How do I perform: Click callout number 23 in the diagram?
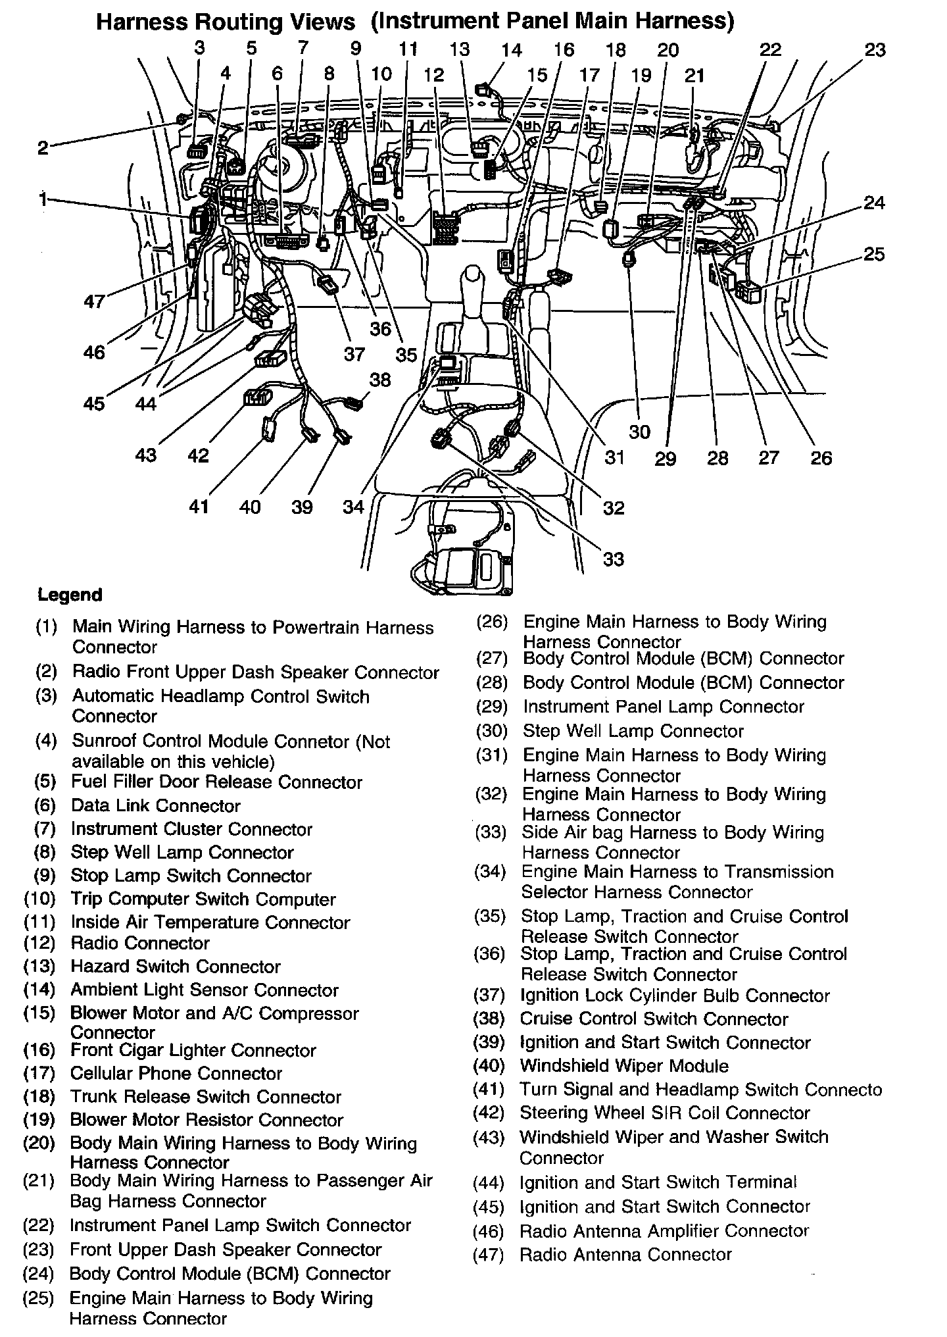click(x=875, y=50)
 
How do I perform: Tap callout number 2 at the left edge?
click(x=43, y=147)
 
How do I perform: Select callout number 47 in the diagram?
click(x=94, y=301)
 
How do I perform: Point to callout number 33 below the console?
click(x=613, y=559)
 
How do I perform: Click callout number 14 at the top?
click(x=511, y=50)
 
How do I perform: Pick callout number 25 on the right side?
click(x=874, y=254)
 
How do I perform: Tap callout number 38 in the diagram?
click(x=380, y=380)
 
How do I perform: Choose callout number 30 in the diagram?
click(x=639, y=432)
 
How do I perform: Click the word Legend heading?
click(x=70, y=595)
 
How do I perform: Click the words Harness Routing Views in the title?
click(x=226, y=22)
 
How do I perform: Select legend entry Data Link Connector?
click(x=156, y=806)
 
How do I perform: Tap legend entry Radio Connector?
click(x=140, y=943)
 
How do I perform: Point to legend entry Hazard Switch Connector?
click(x=176, y=967)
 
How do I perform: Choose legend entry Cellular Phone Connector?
click(x=176, y=1073)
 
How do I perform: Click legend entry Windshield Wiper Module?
click(x=624, y=1065)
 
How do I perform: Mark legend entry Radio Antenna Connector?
click(x=625, y=1255)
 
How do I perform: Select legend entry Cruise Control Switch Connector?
click(x=654, y=1019)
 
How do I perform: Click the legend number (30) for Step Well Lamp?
click(x=491, y=731)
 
